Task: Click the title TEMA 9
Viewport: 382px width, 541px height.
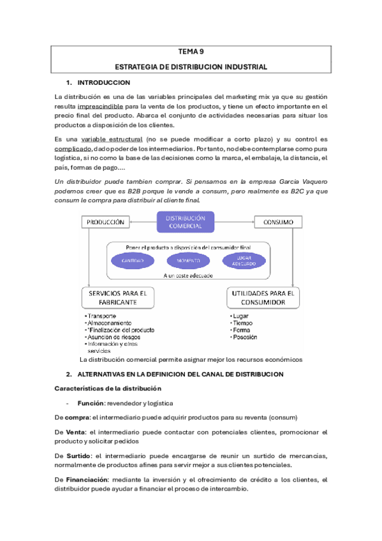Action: pyautogui.click(x=191, y=54)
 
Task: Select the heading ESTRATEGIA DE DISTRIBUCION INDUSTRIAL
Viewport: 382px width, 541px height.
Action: pyautogui.click(x=191, y=67)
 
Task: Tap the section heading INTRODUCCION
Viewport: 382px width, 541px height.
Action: pyautogui.click(x=103, y=83)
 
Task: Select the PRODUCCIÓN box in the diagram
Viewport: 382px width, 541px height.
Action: pyautogui.click(x=105, y=222)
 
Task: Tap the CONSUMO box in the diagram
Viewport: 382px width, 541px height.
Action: pyautogui.click(x=274, y=222)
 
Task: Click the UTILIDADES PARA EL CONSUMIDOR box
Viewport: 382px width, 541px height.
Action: pyautogui.click(x=261, y=297)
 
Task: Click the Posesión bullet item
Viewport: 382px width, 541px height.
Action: pyautogui.click(x=246, y=337)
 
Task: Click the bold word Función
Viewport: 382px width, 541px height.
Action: pyautogui.click(x=91, y=403)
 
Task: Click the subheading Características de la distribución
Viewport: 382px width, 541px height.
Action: pyautogui.click(x=108, y=389)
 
